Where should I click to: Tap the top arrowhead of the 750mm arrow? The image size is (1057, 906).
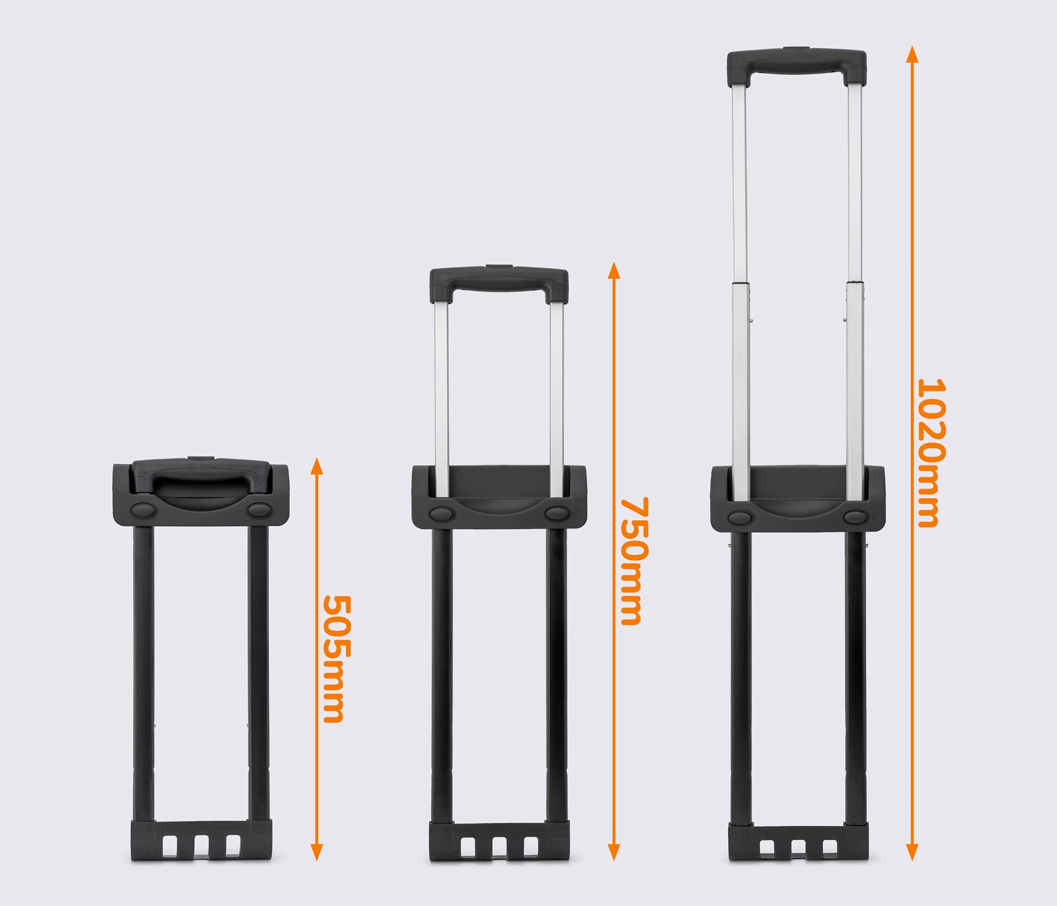614,271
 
